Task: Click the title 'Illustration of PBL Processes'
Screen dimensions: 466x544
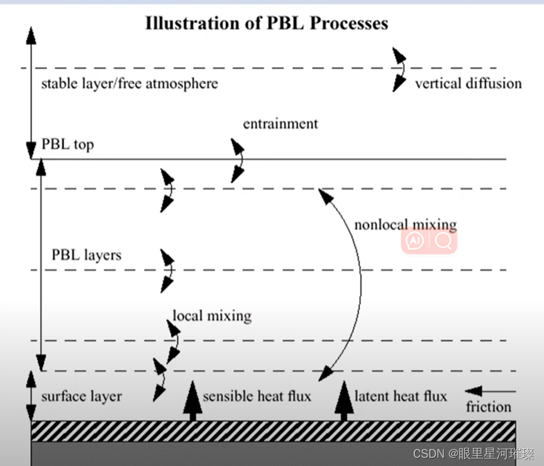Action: [267, 24]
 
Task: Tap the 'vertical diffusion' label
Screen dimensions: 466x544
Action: [468, 83]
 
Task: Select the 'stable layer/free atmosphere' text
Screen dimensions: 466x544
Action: [130, 84]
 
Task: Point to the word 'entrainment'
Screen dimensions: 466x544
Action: [280, 123]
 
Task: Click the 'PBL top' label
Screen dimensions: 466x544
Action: [67, 144]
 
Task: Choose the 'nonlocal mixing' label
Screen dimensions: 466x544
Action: [405, 225]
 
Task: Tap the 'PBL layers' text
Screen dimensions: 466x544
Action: [86, 255]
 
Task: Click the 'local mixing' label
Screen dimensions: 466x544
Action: [212, 315]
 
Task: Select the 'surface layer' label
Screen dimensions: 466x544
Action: [81, 396]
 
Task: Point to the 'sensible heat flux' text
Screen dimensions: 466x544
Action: [257, 396]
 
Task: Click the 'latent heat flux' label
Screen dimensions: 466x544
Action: [401, 396]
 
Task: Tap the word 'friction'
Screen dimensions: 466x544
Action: [488, 407]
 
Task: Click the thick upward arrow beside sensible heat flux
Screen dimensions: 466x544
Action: [192, 401]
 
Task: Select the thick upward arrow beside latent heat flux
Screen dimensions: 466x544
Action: [343, 401]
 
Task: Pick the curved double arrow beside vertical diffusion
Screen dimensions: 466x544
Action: [399, 69]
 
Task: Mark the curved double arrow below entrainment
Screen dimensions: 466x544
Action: [238, 160]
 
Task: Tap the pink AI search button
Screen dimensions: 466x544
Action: [429, 241]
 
